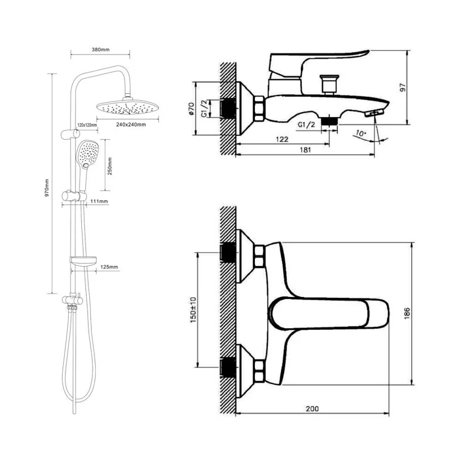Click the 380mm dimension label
(100, 49)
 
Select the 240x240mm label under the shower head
(129, 125)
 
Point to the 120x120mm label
(86, 125)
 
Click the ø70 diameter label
(191, 108)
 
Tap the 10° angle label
(360, 134)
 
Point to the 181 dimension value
(304, 150)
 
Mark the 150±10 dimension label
(192, 311)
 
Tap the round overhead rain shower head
(126, 106)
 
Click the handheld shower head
(88, 153)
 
